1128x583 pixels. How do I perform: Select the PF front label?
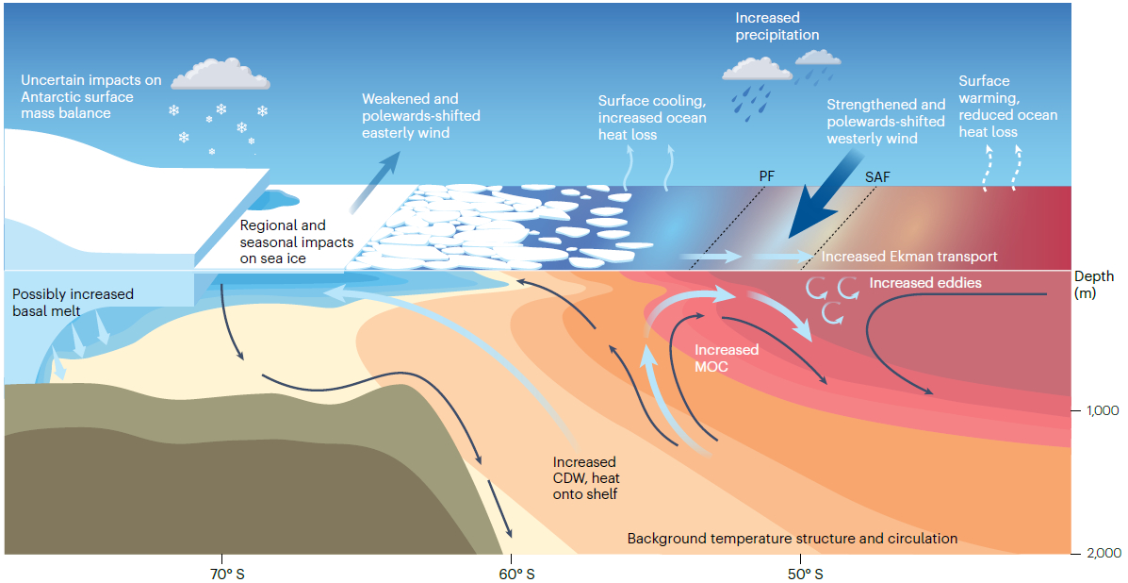coord(765,175)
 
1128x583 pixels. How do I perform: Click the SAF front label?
coord(876,175)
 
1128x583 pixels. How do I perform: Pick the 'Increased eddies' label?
coord(924,282)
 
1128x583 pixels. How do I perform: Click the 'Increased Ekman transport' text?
coord(909,256)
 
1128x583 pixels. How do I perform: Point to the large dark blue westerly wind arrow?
coord(823,204)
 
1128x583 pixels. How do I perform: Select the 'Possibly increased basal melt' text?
coord(74,302)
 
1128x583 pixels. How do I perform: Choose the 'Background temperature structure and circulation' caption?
coord(792,538)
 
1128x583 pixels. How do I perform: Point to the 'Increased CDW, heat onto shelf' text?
coord(584,477)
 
